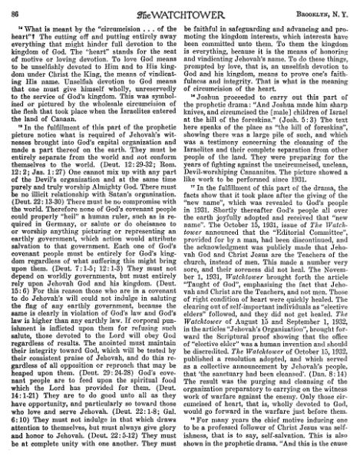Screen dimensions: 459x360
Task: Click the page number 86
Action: [19, 9]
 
